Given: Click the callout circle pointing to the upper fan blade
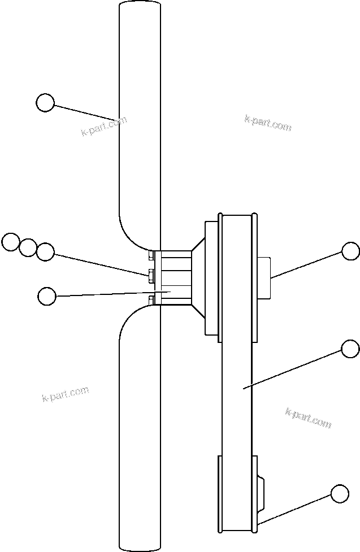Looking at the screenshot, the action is click(x=45, y=103).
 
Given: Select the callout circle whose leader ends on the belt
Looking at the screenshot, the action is click(x=350, y=349).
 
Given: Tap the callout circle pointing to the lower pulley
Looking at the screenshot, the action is click(x=339, y=493).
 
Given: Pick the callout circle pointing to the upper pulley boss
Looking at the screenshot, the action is click(x=350, y=251).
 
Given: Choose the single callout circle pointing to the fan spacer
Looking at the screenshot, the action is click(x=46, y=295).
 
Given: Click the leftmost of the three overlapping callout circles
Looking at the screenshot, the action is click(x=10, y=242).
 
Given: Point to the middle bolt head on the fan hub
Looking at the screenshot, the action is click(x=151, y=275).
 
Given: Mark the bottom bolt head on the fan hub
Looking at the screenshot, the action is click(x=151, y=299).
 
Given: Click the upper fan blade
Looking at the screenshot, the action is click(x=140, y=113).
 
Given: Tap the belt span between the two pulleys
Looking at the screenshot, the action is click(x=237, y=395).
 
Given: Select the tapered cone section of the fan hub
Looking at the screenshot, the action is click(x=198, y=277).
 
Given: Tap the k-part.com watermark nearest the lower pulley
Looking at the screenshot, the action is click(x=308, y=418).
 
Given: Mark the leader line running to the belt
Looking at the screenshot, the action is click(x=294, y=368).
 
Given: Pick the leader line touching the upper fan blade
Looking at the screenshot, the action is click(x=85, y=111).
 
